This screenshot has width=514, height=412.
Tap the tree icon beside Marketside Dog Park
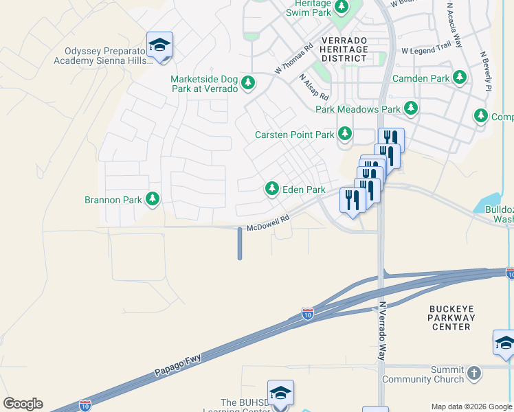[x=248, y=84]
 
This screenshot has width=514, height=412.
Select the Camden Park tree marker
[x=460, y=78]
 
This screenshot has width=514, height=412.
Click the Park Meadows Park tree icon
[x=411, y=108]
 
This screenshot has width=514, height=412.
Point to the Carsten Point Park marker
[x=345, y=135]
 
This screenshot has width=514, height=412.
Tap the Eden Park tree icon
[x=272, y=189]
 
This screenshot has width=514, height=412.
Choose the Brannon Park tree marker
[x=153, y=200]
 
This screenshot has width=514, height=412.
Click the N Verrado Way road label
[x=383, y=331]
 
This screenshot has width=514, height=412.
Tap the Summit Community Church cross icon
[x=473, y=374]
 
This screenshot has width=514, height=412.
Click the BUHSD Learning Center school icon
[x=280, y=393]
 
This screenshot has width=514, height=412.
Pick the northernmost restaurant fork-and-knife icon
[x=390, y=139]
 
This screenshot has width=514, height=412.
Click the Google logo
[x=23, y=404]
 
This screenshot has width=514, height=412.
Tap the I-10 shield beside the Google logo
[x=85, y=405]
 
